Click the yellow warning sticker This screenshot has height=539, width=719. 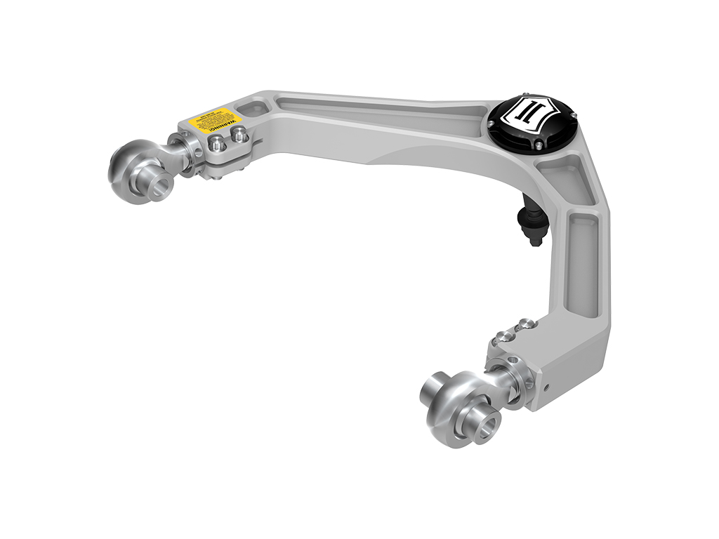point(215,119)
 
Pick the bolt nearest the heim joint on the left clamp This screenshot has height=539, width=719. point(218,144)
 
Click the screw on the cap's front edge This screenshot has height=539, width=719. point(539,145)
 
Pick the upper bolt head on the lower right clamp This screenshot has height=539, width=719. point(524,325)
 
